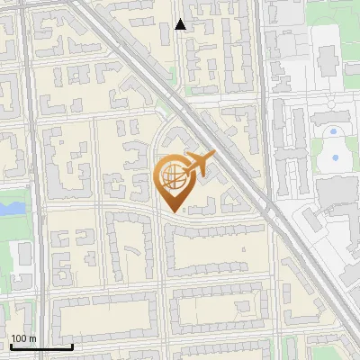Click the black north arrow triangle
point(181,24)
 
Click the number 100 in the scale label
point(19,338)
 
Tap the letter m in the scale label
point(32,338)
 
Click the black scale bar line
point(41,346)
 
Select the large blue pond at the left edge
point(11,208)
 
